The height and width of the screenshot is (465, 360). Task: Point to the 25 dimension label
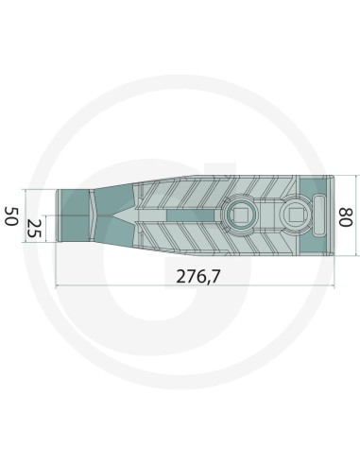[34, 227]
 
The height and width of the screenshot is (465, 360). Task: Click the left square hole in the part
[239, 214]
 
